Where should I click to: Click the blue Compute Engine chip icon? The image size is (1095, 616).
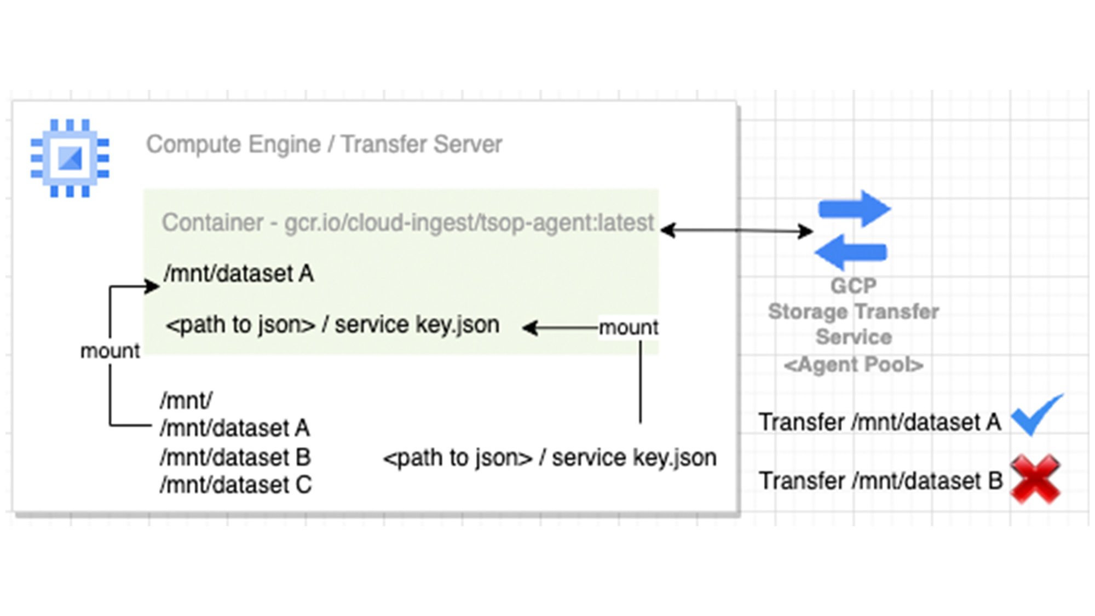click(70, 158)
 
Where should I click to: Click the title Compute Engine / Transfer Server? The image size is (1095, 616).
click(324, 145)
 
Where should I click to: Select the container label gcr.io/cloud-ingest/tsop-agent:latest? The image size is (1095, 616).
click(408, 223)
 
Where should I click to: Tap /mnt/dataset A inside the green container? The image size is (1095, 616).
click(239, 274)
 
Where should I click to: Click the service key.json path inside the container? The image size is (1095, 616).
click(333, 325)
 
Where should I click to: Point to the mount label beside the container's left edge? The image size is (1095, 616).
click(110, 351)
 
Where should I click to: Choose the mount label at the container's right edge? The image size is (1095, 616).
click(628, 327)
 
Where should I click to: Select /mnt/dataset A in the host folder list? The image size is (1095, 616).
click(235, 428)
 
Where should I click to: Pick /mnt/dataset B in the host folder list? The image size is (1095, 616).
click(235, 457)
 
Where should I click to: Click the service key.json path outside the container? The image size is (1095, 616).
click(550, 458)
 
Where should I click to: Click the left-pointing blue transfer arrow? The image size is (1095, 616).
click(851, 252)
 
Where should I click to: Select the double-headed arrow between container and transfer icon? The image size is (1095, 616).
click(736, 231)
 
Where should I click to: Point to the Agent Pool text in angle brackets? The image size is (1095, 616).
click(854, 365)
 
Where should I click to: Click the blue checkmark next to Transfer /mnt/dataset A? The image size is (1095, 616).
click(1036, 416)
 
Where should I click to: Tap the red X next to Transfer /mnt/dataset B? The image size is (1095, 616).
click(1035, 479)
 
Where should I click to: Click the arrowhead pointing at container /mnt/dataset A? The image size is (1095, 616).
click(153, 286)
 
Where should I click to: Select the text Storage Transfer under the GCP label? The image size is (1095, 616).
click(853, 312)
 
